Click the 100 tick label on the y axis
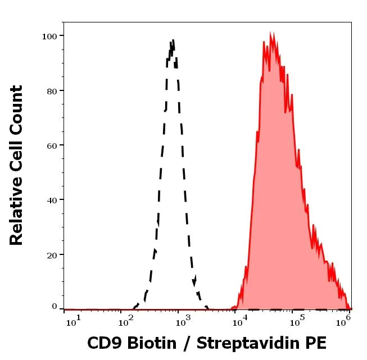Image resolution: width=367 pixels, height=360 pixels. pos(49,36)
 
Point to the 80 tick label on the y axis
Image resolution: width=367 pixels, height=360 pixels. pos(52,90)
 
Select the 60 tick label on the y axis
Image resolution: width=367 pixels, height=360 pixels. pos(52,145)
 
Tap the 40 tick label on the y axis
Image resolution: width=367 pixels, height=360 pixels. pos(52,200)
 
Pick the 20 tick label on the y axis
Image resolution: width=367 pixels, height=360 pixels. pos(52,254)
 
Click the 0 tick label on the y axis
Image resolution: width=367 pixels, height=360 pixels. pos(55,307)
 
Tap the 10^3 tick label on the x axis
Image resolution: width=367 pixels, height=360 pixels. pos(183,320)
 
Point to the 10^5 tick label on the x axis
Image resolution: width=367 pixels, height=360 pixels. pos(294,320)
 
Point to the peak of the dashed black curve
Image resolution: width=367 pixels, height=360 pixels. pos(173,40)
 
